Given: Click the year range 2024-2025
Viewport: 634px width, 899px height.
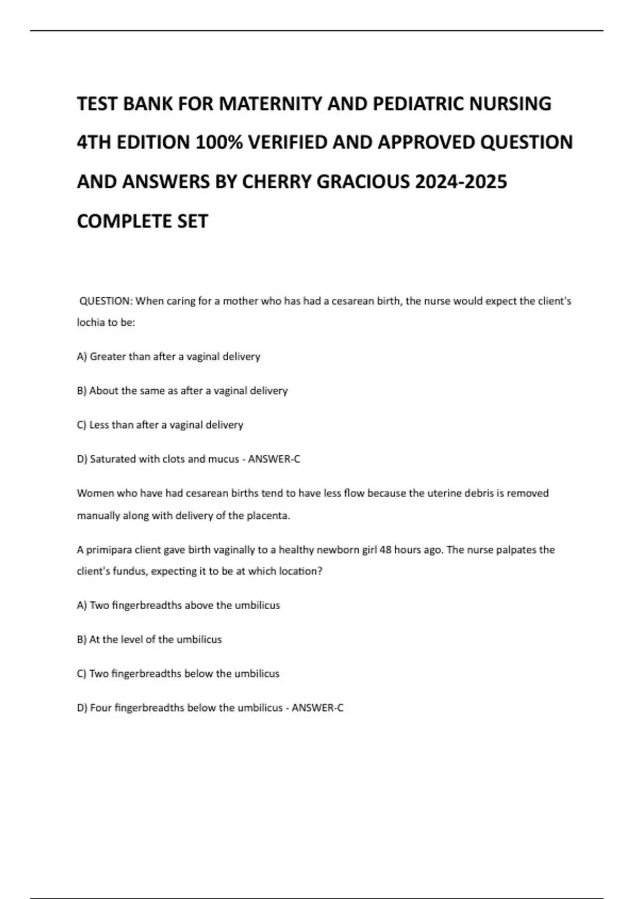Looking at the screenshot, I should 461,182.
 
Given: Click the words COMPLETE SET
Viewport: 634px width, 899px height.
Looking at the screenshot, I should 143,221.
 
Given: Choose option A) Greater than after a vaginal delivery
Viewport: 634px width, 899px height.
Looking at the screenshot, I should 169,357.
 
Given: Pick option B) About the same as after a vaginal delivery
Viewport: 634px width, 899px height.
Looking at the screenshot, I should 182,391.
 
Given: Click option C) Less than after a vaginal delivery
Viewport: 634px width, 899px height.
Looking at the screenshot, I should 160,425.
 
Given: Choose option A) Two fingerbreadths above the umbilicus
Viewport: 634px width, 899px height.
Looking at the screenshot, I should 179,606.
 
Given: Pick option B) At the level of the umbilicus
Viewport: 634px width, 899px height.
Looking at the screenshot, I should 150,640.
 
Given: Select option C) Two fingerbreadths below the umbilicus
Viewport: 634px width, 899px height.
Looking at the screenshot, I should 178,674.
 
